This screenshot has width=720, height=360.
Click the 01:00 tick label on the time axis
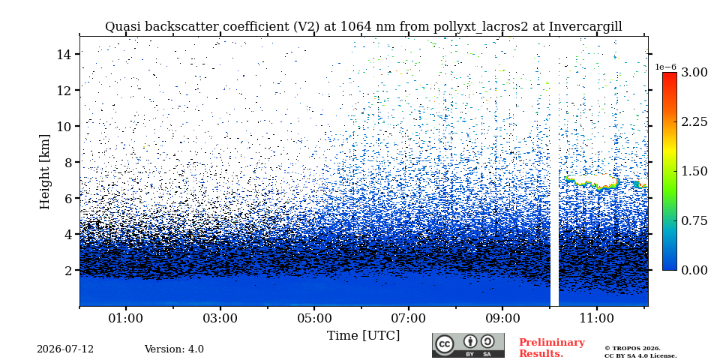coord(126,318)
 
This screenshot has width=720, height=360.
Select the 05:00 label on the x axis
coord(314,318)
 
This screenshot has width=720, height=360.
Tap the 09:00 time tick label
coord(502,318)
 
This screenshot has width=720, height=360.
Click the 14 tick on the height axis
coord(63,54)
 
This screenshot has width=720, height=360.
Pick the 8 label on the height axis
coord(67,162)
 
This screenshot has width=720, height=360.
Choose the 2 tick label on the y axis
coord(67,270)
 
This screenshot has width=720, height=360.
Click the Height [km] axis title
coord(44,172)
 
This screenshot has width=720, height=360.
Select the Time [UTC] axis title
coord(363,336)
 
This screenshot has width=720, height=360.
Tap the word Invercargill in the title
coord(586,27)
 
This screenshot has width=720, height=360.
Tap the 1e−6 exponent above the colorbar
coord(666,67)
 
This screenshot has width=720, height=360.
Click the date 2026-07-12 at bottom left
coord(65,349)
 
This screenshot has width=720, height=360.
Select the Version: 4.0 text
coord(174,349)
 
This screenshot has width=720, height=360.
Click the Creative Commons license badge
coord(468,345)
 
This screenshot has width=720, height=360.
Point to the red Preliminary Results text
coord(552,348)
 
